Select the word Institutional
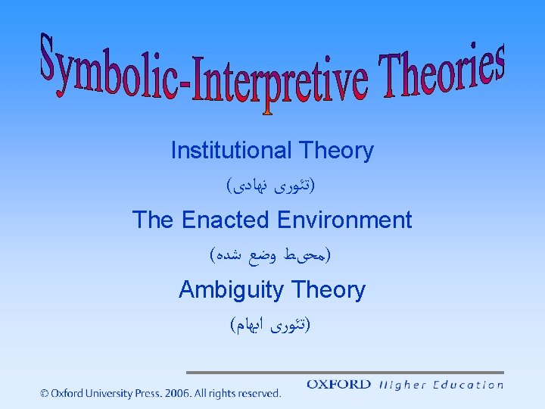[x=231, y=151]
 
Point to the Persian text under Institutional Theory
[x=272, y=184]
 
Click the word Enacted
[x=226, y=220]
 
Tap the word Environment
[x=344, y=220]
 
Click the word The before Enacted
[x=154, y=220]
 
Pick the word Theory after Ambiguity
[x=331, y=290]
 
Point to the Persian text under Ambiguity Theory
[x=272, y=325]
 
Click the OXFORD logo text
[x=338, y=385]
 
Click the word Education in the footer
[x=469, y=385]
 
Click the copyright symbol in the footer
[x=45, y=393]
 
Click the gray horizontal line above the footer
[x=344, y=373]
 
